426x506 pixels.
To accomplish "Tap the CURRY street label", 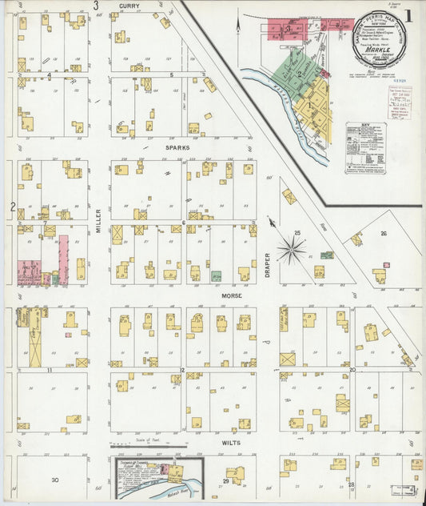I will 129,6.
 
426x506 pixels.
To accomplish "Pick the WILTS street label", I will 233,441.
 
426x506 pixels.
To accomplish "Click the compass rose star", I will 291,250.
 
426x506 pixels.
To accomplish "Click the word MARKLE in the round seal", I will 378,49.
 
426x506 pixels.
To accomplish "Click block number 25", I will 297,233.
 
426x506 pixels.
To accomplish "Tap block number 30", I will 55,480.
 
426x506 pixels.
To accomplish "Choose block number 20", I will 352,370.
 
